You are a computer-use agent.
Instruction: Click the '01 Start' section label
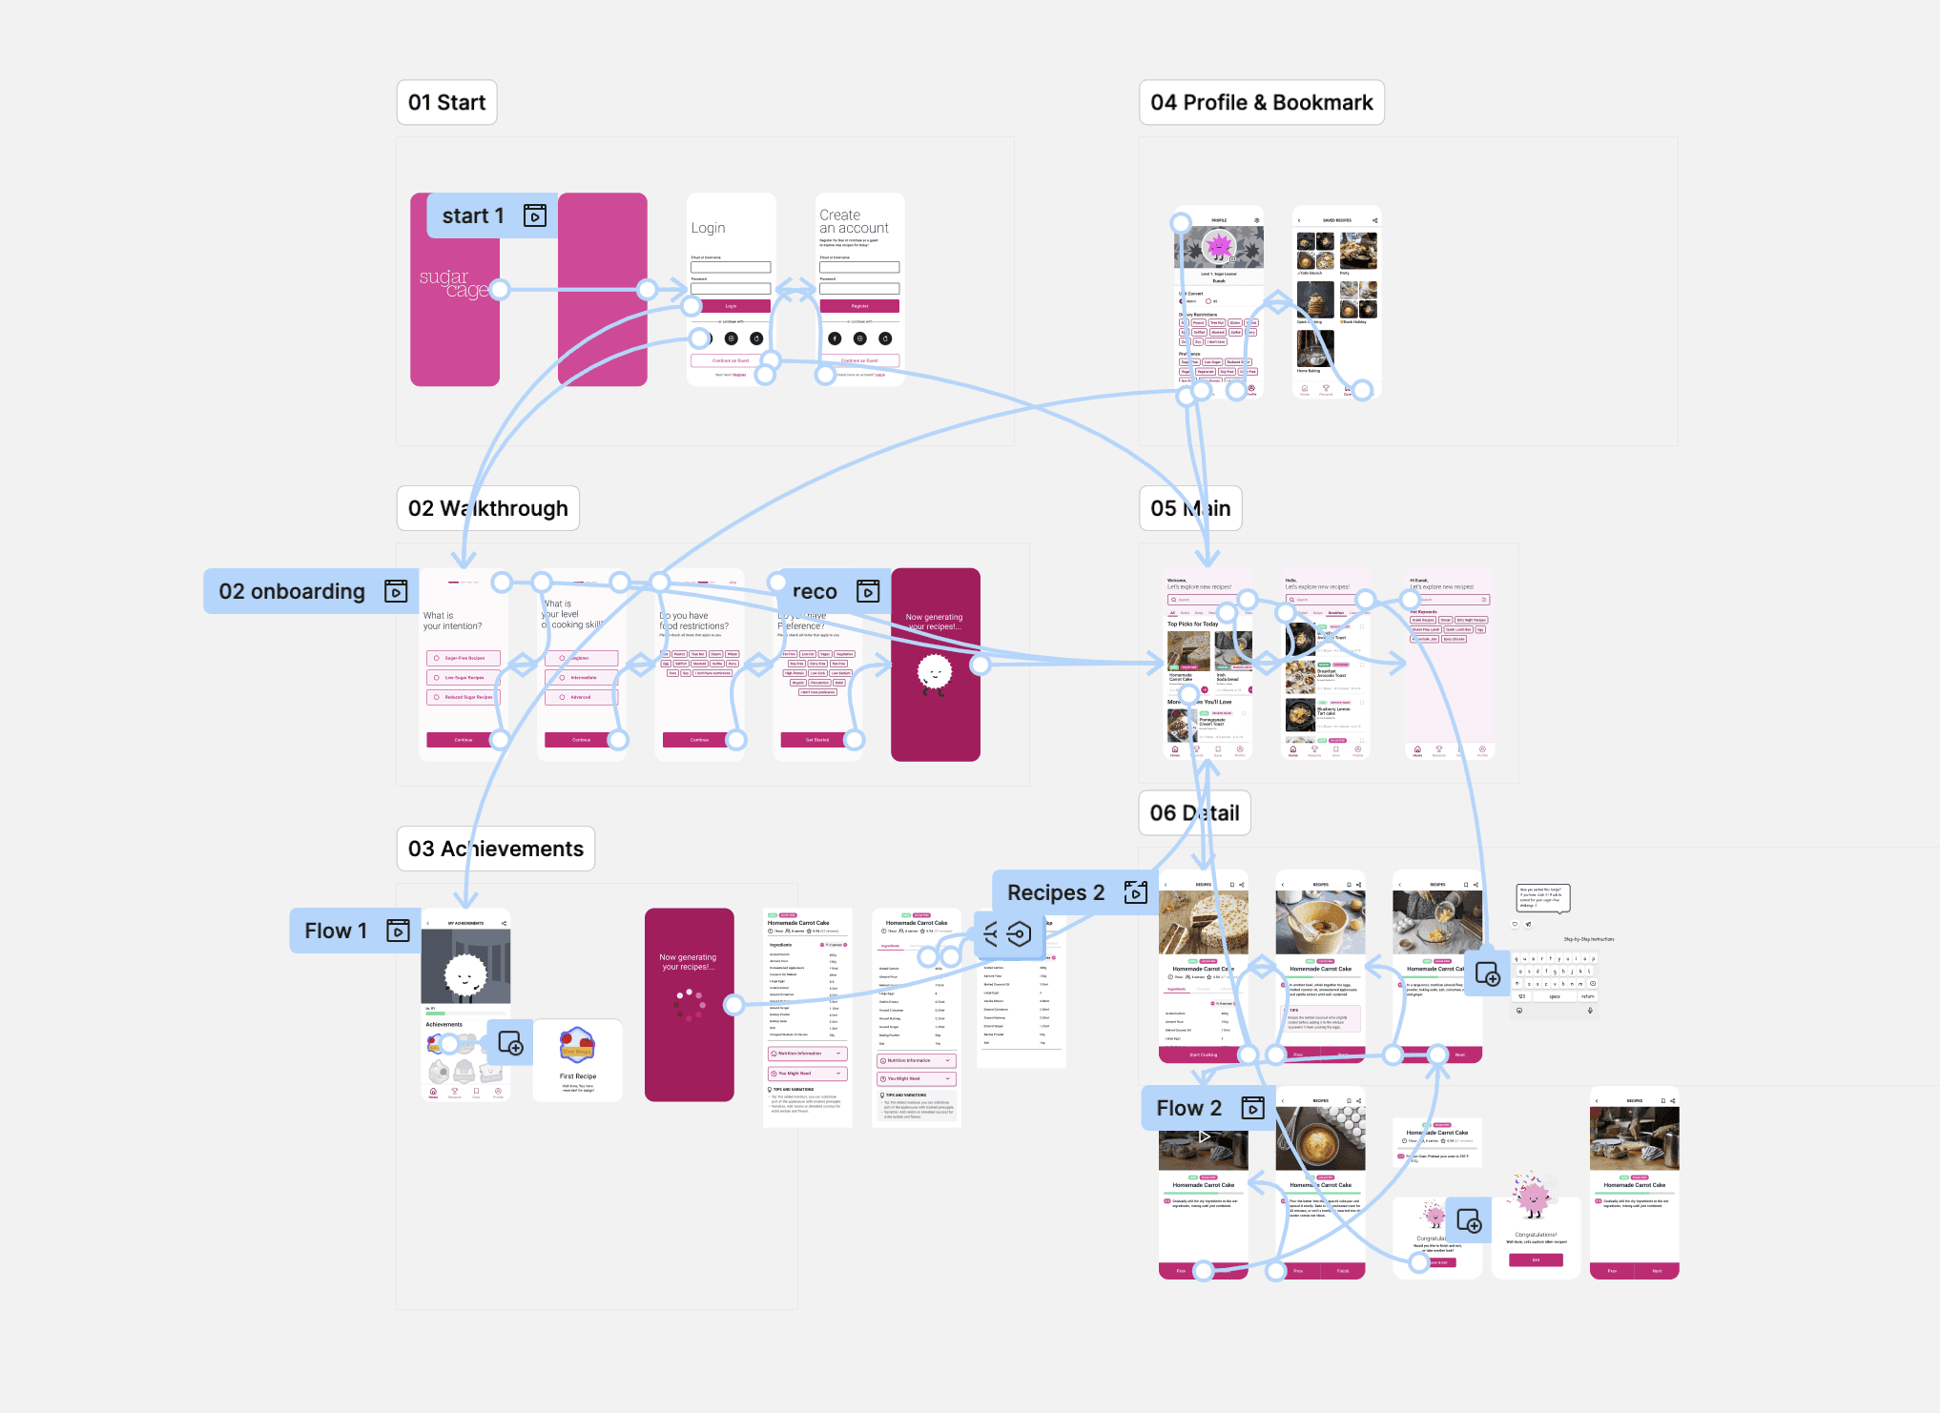[x=446, y=103]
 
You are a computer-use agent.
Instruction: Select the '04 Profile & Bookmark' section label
[x=1261, y=103]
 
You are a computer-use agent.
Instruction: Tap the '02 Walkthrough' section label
[x=487, y=509]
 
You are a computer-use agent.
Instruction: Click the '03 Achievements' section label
[x=495, y=850]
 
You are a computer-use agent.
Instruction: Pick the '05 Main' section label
[x=1189, y=509]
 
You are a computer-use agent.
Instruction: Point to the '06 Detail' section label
[x=1194, y=813]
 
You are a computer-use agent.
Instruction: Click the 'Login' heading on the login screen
[x=708, y=229]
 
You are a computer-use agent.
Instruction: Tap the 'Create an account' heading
[x=853, y=222]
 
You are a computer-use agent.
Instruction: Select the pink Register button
[x=859, y=306]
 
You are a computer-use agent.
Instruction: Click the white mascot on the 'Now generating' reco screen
[x=934, y=673]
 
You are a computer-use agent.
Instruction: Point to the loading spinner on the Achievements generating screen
[x=690, y=1004]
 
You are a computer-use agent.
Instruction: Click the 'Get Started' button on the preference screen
[x=817, y=740]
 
